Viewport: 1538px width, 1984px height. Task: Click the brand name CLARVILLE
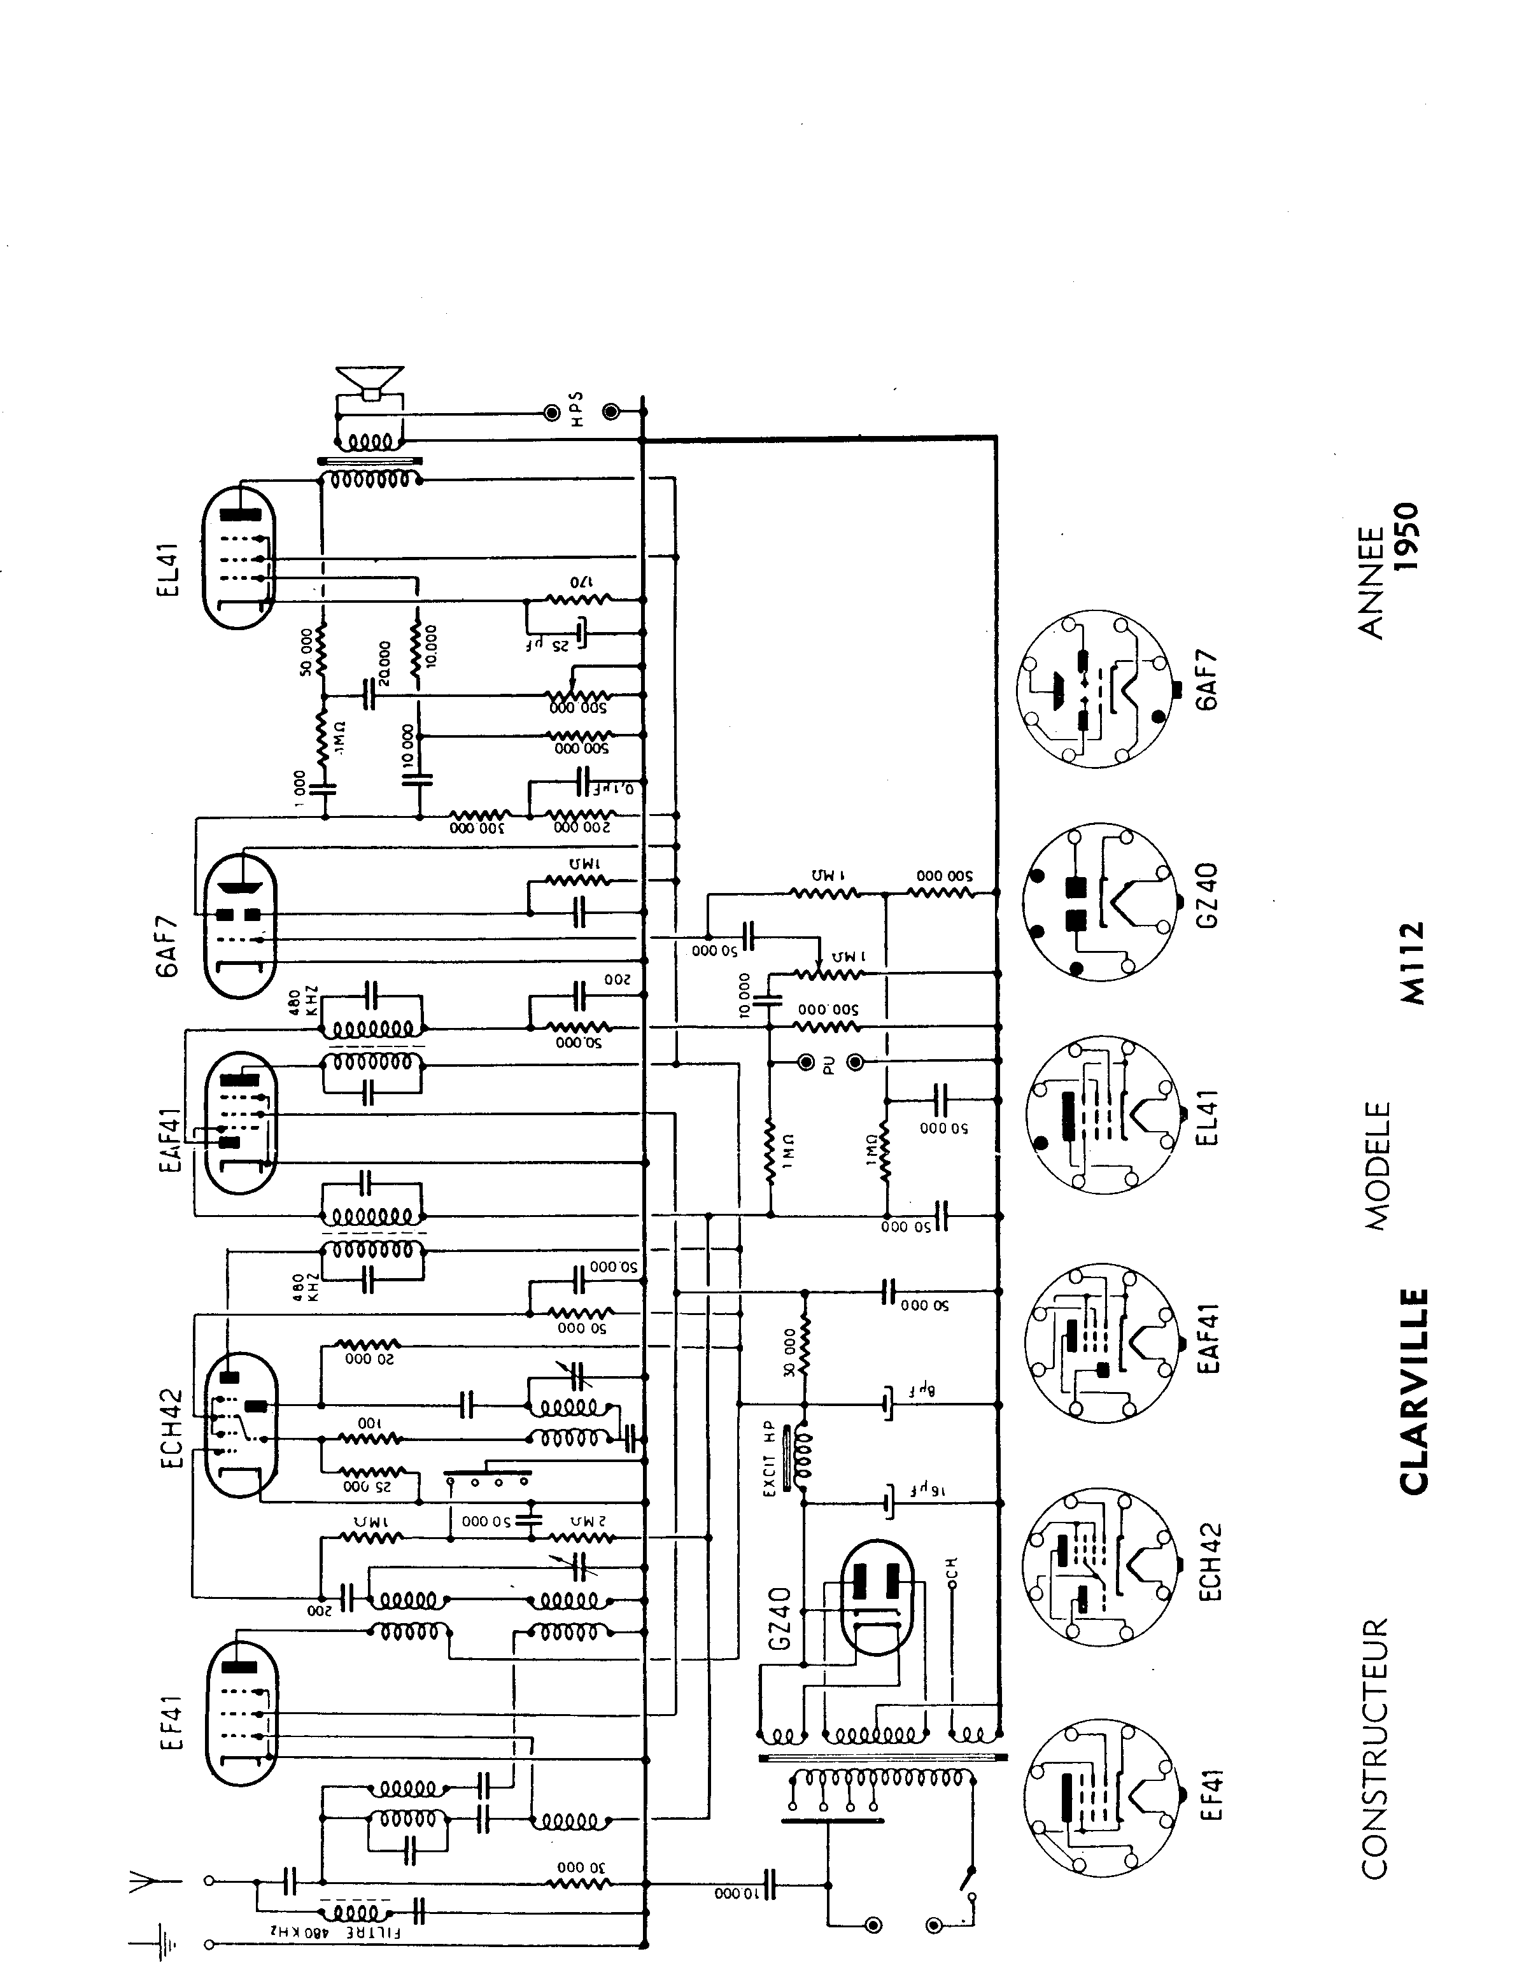tap(1413, 1391)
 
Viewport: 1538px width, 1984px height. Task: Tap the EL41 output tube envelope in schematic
tap(238, 556)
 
